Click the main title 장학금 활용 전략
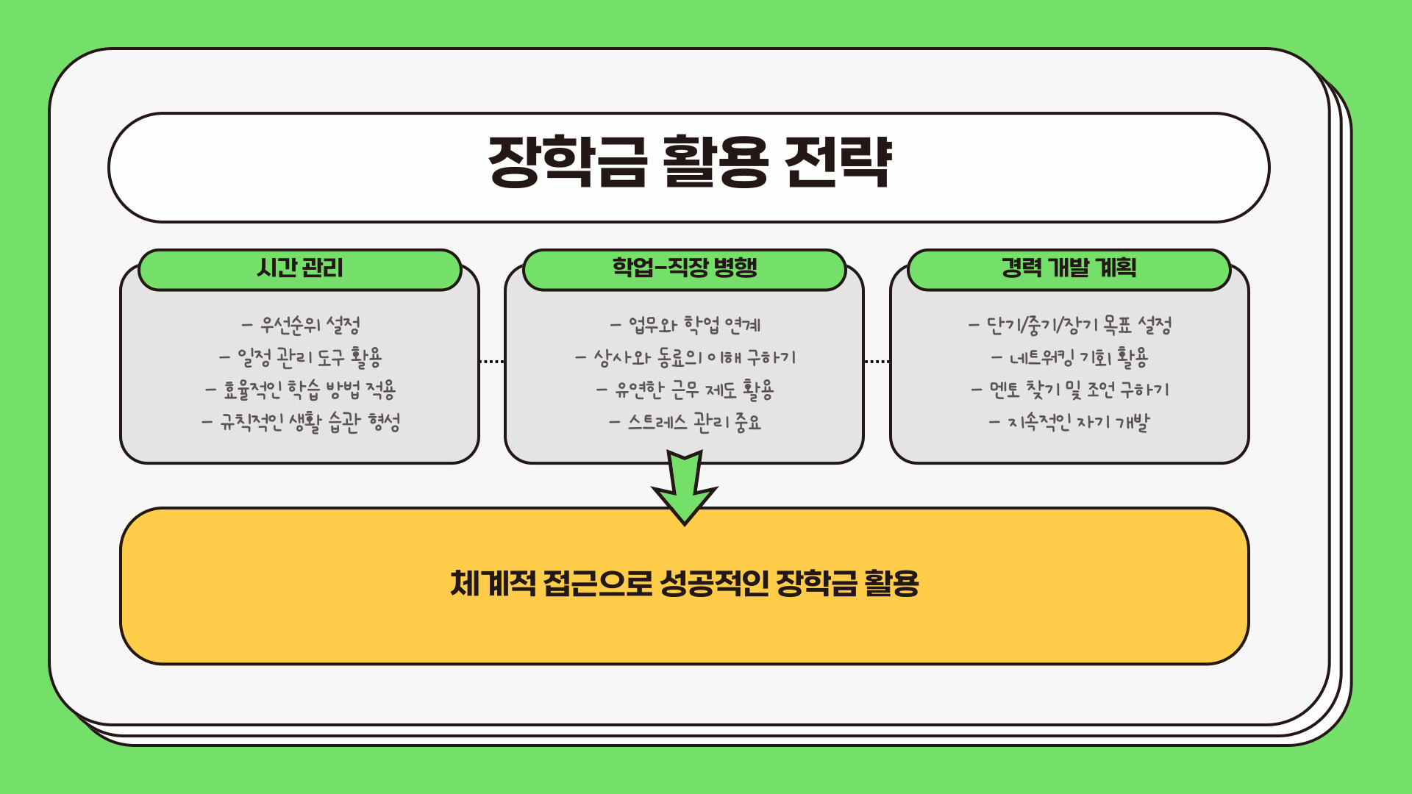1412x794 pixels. (x=689, y=162)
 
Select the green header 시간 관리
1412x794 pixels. (x=300, y=268)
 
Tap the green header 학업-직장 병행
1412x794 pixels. (x=685, y=268)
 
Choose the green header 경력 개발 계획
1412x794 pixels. (x=1069, y=268)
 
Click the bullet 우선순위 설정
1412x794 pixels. (x=301, y=325)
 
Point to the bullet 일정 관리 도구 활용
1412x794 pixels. (x=301, y=357)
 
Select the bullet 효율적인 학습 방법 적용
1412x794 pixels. (x=301, y=390)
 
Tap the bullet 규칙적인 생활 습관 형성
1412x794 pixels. (x=301, y=422)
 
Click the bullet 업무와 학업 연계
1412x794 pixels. (x=685, y=325)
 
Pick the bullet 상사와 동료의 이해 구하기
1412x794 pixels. (x=685, y=357)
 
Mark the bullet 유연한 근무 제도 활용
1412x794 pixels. (x=685, y=390)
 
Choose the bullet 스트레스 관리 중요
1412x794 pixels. (x=685, y=422)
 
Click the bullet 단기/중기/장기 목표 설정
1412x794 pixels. (x=1070, y=325)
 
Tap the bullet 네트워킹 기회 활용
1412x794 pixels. (x=1070, y=357)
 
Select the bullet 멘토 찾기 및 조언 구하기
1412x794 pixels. (x=1070, y=390)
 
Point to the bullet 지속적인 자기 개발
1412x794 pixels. (x=1070, y=422)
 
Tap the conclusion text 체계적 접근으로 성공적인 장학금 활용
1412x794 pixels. (x=685, y=584)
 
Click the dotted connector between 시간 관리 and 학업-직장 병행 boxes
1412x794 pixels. (x=492, y=362)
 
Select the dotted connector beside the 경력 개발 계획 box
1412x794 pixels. (x=877, y=362)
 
